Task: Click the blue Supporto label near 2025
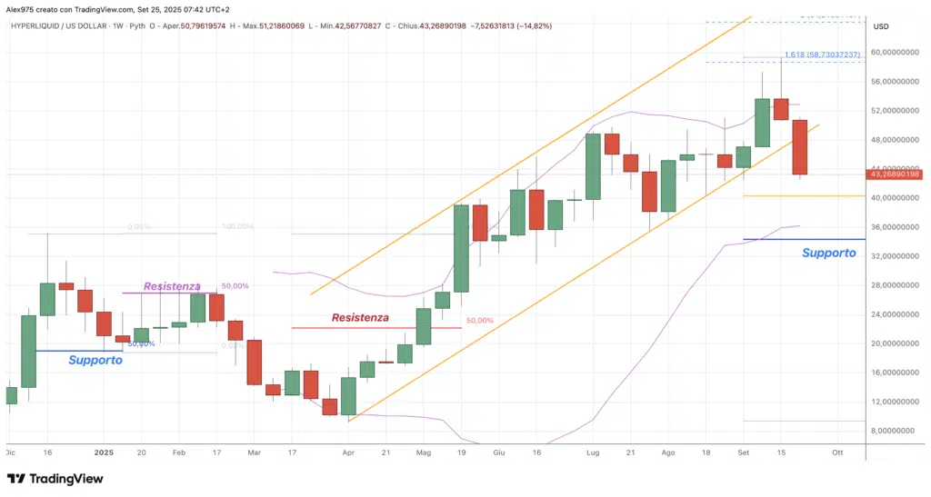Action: pos(95,360)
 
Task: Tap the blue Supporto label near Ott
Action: pos(828,253)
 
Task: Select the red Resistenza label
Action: pos(360,318)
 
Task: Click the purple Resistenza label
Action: pos(172,286)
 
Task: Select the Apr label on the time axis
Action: pos(347,452)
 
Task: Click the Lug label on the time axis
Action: pos(593,452)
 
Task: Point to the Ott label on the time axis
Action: pos(837,452)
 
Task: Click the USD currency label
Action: pos(880,26)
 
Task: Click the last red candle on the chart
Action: pos(800,147)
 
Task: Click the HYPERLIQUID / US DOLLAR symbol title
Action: pos(61,25)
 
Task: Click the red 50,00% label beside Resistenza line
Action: pos(479,321)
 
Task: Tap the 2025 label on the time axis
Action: pos(104,452)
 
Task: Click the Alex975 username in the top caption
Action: pos(23,8)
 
